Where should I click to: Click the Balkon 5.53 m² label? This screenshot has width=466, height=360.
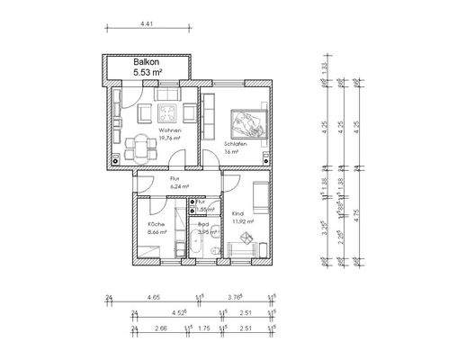[145, 67]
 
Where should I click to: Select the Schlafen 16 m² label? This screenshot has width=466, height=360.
[234, 148]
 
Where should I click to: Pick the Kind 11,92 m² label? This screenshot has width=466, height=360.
[243, 217]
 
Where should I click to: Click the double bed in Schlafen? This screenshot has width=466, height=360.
[248, 122]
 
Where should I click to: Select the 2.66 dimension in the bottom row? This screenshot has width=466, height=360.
[159, 329]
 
